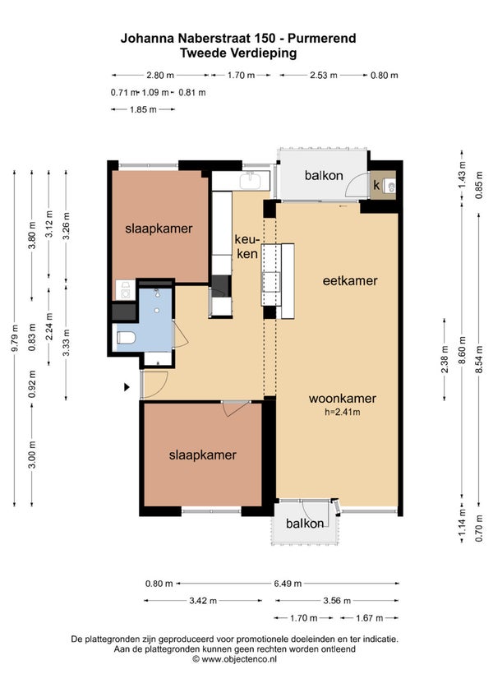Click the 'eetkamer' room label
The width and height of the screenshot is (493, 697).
tap(350, 281)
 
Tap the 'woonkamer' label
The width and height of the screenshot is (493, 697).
tap(343, 399)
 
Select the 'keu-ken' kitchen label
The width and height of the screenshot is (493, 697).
tap(246, 247)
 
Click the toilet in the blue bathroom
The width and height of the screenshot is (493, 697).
tap(126, 338)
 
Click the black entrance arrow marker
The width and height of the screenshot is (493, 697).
tap(127, 387)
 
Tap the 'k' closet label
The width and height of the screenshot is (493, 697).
tap(376, 185)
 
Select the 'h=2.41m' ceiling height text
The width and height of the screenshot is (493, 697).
tap(343, 412)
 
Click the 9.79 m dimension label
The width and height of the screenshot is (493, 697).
tap(15, 339)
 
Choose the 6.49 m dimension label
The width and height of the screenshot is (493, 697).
tap(288, 584)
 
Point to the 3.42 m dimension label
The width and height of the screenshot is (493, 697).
tap(203, 601)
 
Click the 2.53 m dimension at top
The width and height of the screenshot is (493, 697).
tap(323, 75)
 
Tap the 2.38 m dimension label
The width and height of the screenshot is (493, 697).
tap(445, 358)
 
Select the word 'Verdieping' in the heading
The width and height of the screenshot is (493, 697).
tap(264, 53)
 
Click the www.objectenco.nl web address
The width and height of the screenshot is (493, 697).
tap(239, 659)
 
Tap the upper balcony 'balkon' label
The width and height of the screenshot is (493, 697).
tap(324, 176)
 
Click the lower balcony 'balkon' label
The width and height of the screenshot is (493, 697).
tap(305, 524)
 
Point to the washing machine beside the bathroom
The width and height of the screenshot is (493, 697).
tap(126, 290)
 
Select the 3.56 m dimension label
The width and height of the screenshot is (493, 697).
tap(337, 601)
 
